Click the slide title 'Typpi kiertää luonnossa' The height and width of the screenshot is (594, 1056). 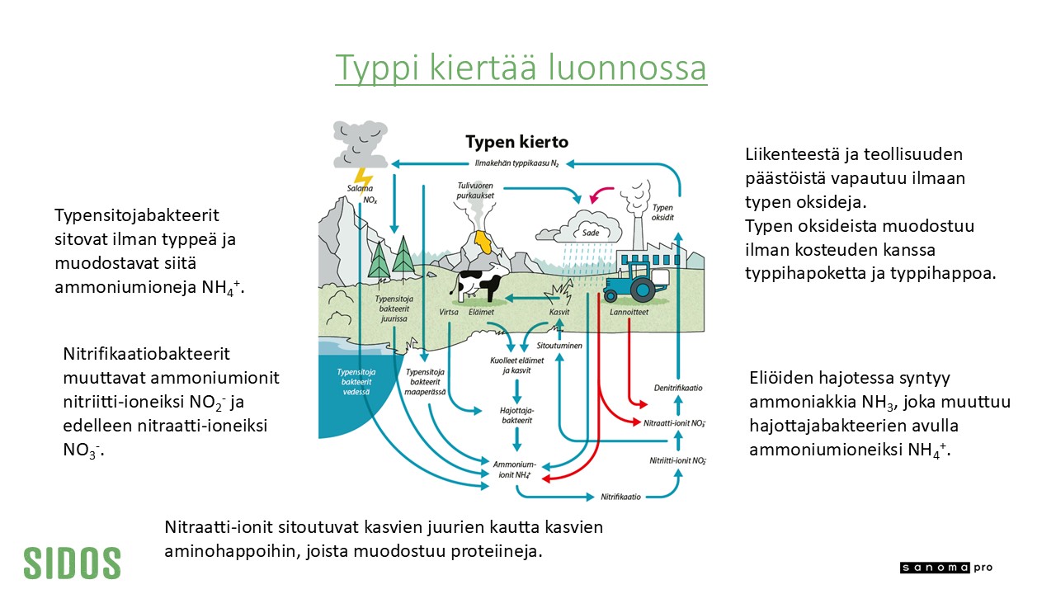(x=521, y=68)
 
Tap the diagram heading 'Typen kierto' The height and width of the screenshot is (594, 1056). (x=516, y=142)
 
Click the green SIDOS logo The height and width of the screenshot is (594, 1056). (x=72, y=563)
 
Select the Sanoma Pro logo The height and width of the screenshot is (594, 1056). (x=946, y=568)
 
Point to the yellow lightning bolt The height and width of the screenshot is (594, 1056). (x=363, y=180)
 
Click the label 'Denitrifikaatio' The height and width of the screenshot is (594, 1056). (x=678, y=388)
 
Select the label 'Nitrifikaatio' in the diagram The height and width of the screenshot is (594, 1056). (x=620, y=497)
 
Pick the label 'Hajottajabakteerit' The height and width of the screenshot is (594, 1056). (x=516, y=415)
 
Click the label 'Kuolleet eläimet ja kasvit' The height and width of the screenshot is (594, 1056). (x=516, y=365)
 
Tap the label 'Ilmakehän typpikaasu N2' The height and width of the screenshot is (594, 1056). (x=516, y=163)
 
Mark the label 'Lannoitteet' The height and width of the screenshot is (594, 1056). (x=629, y=312)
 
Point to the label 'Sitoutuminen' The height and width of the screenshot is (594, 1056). (x=559, y=346)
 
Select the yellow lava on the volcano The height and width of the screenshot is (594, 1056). (x=483, y=242)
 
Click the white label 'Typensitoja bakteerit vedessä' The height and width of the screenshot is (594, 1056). (x=356, y=382)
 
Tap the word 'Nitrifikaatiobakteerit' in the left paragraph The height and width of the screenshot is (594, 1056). (x=147, y=354)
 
